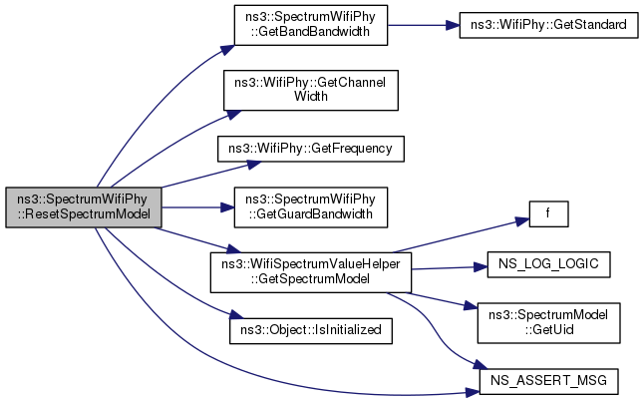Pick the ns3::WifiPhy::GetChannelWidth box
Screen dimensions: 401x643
click(309, 90)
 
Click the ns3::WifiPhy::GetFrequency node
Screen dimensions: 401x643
click(309, 149)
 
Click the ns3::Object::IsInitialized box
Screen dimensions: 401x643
click(309, 327)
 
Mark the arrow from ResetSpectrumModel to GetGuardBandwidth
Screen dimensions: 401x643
click(195, 206)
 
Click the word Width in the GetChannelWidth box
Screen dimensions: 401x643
click(309, 98)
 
